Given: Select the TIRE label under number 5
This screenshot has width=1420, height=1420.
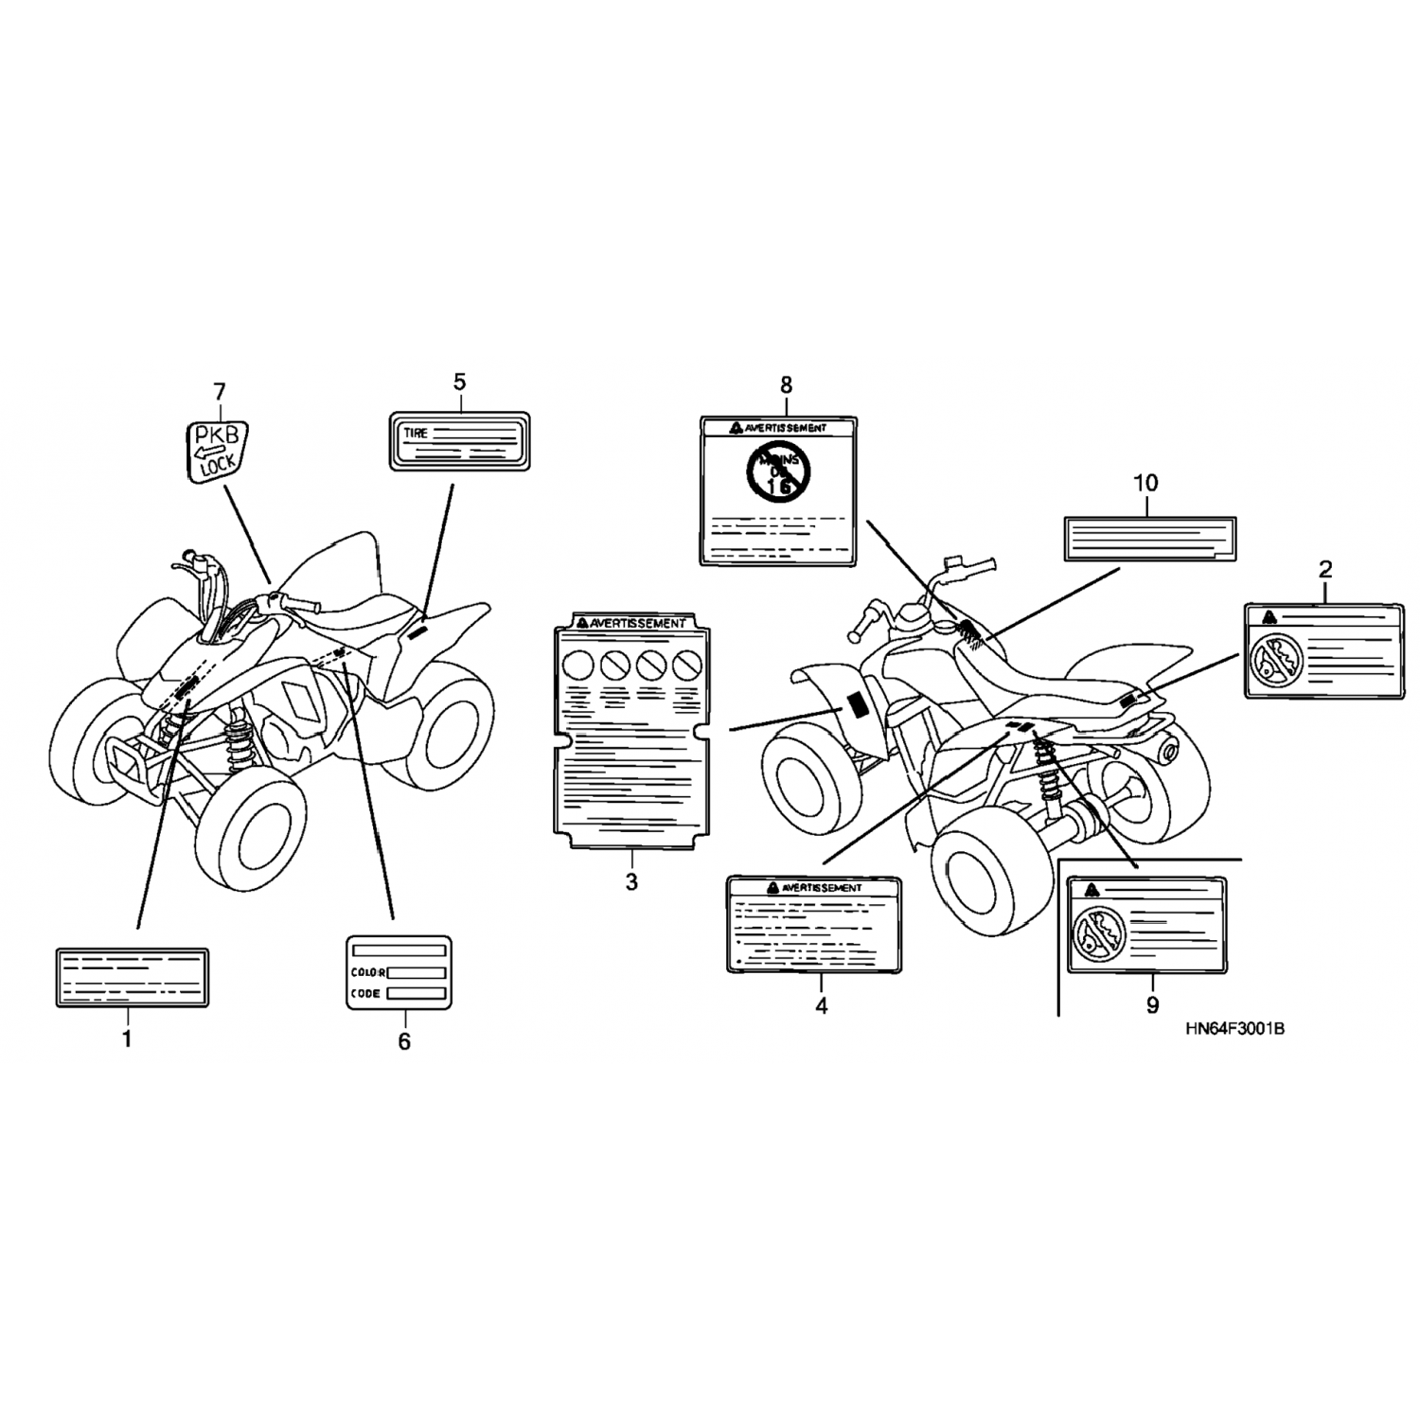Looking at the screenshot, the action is tap(460, 441).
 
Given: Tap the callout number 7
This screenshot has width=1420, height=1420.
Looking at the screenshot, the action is tap(220, 391).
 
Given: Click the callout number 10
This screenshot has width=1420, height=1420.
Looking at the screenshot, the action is tap(1145, 483).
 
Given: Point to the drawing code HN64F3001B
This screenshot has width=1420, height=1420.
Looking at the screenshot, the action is tap(1234, 1030).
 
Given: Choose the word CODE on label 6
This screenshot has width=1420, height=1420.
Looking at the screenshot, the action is tap(365, 994).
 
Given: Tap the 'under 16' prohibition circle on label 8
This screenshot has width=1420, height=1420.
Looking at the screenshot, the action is tap(778, 470).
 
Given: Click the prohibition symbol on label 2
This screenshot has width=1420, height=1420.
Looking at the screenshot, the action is tap(1271, 659).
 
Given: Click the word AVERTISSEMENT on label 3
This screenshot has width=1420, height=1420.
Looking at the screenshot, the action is tap(636, 623).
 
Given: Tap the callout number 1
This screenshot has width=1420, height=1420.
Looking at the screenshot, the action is tap(126, 1040).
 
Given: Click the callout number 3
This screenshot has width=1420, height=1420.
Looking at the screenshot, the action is tap(631, 882).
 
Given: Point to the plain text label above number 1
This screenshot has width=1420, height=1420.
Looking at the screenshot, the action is tap(133, 977).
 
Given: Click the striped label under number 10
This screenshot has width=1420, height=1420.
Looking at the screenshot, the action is tap(1150, 539).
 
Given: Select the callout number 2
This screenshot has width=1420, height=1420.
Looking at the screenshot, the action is tap(1325, 570).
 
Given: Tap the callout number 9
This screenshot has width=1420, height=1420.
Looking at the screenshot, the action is tap(1151, 1004).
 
